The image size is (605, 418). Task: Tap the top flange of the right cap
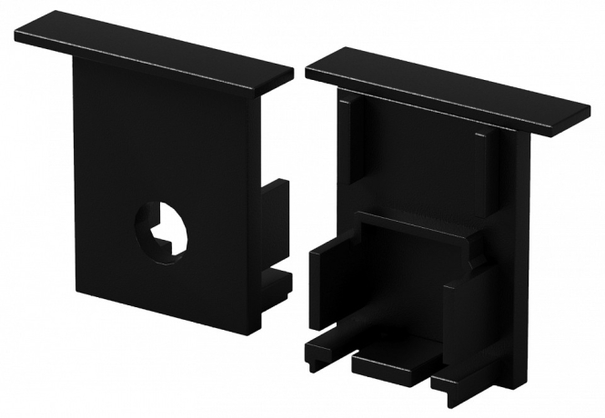coord(446,86)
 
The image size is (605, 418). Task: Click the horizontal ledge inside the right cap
coord(418,223)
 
